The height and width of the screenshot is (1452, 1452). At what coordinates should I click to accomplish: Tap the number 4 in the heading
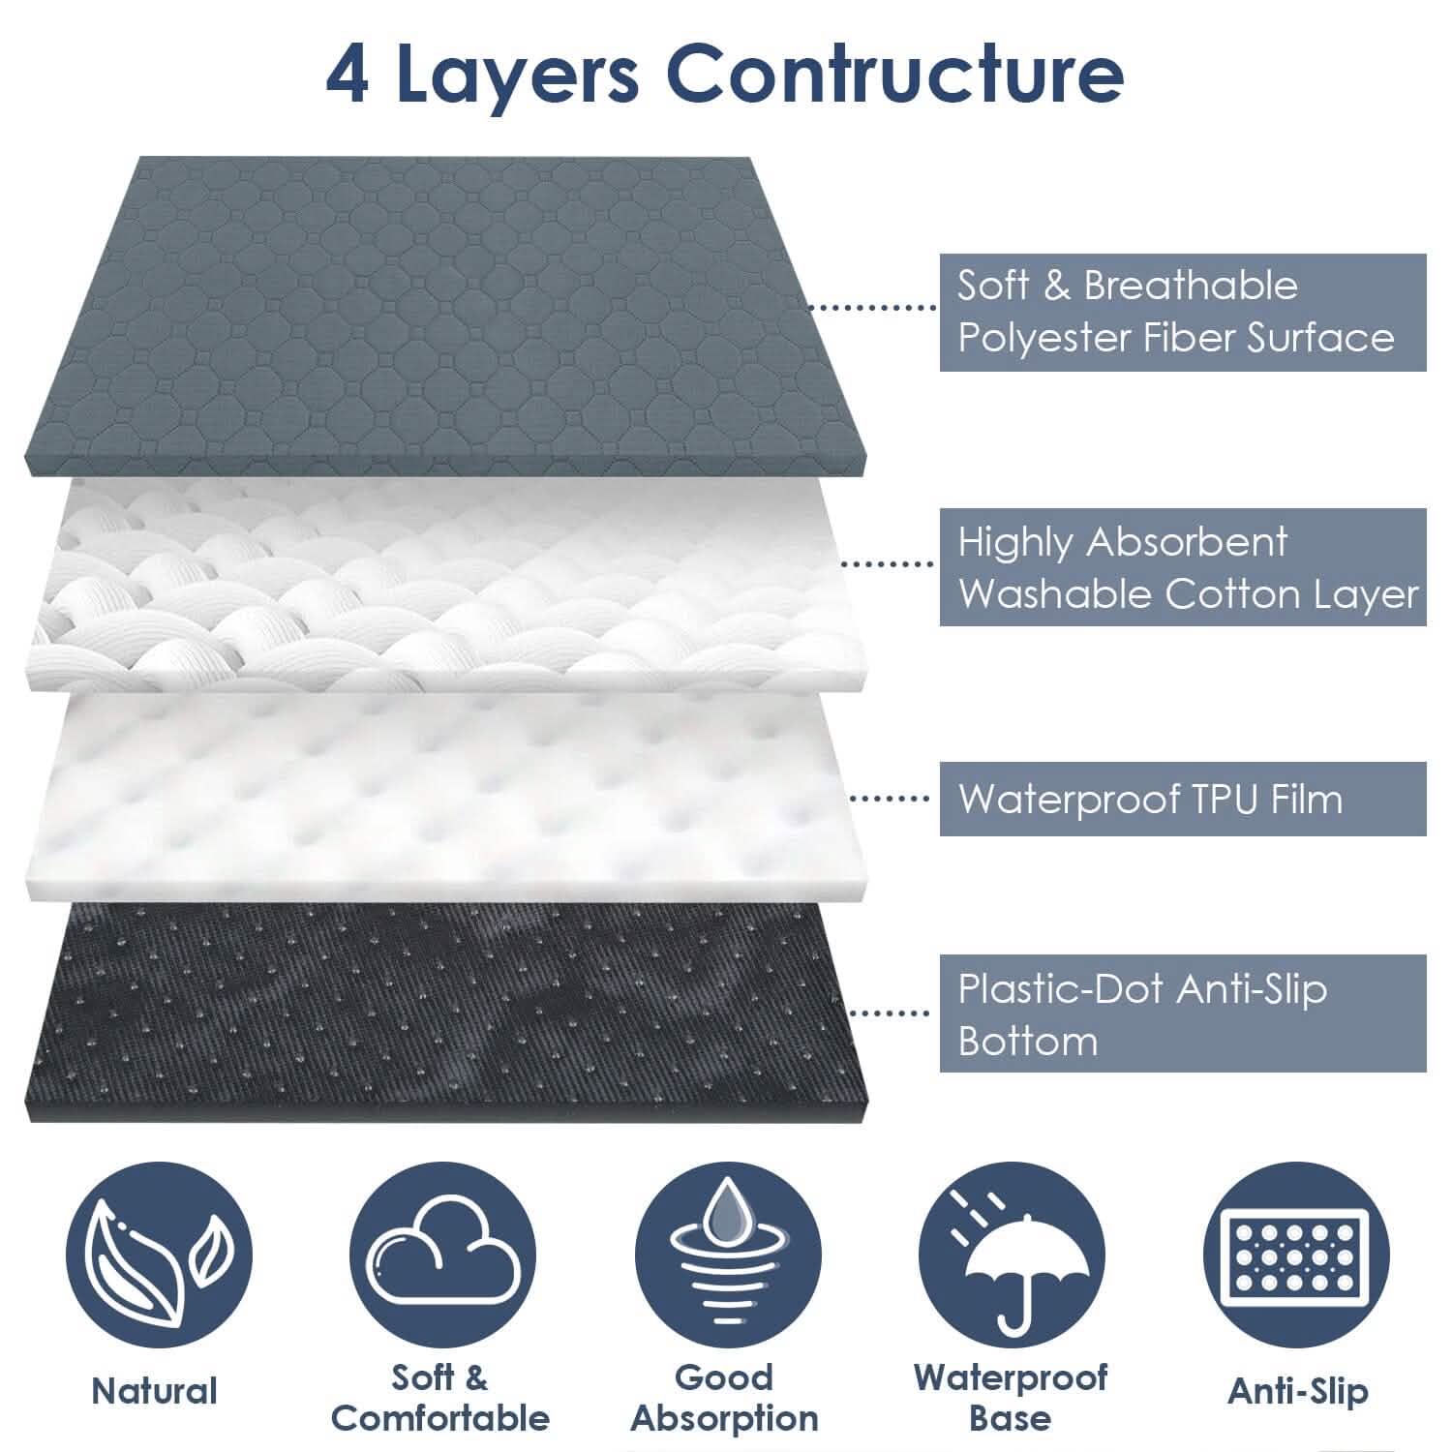point(347,75)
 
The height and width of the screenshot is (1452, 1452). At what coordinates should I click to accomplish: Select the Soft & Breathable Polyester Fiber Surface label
point(1182,312)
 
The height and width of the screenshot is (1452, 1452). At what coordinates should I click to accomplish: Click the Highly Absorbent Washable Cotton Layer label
point(1182,566)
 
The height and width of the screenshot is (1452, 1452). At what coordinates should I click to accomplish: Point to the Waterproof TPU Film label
point(1182,799)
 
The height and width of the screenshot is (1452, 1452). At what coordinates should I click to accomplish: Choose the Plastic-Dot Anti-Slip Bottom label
point(1182,1013)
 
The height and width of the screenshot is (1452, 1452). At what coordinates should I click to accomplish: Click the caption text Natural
point(155,1391)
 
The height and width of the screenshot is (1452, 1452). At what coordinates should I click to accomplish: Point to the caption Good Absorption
point(724,1398)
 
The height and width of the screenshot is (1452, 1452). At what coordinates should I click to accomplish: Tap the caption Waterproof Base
point(1010,1398)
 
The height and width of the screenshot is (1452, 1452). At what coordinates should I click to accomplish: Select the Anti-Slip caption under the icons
point(1297,1391)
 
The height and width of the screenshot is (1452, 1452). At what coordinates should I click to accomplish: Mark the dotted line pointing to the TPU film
point(889,799)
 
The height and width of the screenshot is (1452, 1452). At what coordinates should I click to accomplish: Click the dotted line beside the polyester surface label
point(871,308)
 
